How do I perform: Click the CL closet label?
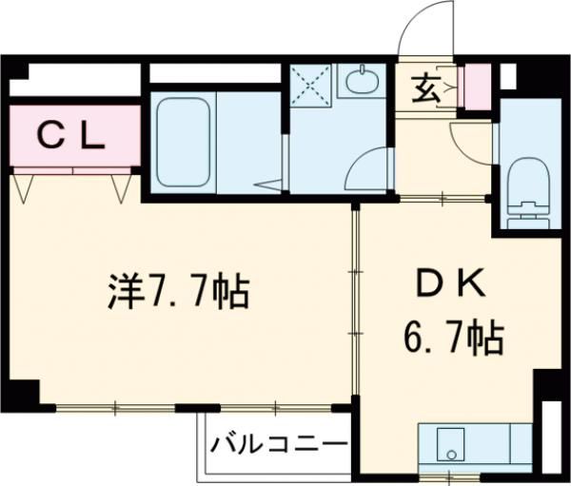pos(70,138)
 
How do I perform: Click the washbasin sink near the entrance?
pos(362,82)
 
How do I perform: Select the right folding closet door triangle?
pos(122,187)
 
